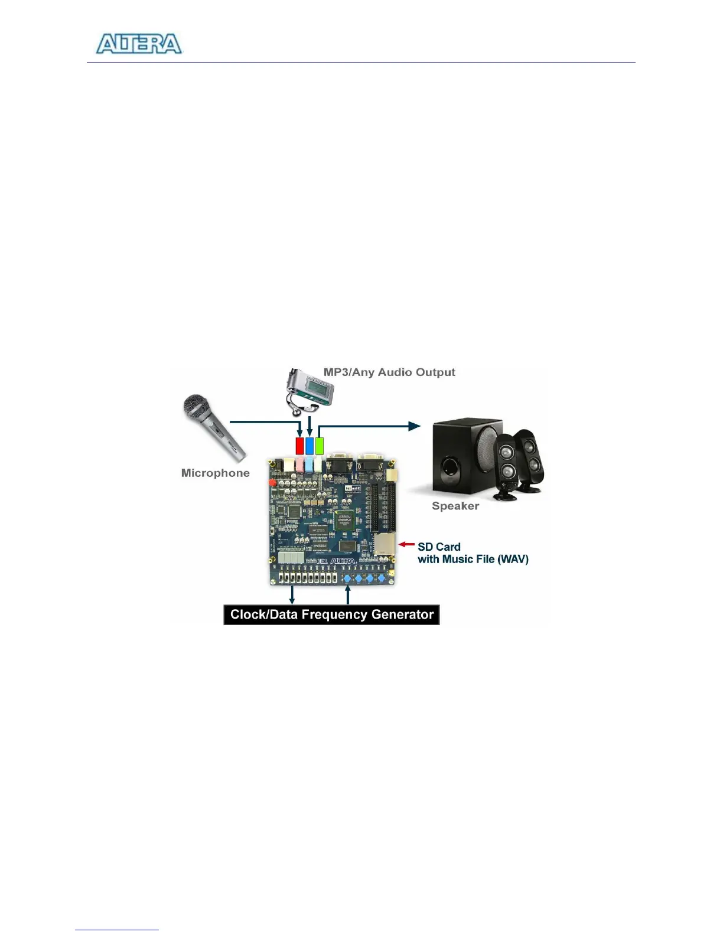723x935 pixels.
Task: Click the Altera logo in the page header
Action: pyautogui.click(x=139, y=44)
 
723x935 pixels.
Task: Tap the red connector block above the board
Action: pyautogui.click(x=299, y=446)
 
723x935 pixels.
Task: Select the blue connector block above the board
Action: pyautogui.click(x=310, y=446)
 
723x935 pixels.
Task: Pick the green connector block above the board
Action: pyautogui.click(x=320, y=446)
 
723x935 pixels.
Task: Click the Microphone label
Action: pyautogui.click(x=215, y=473)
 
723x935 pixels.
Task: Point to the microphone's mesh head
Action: pyautogui.click(x=196, y=407)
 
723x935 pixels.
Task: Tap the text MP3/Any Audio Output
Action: pyautogui.click(x=389, y=372)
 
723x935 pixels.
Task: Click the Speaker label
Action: pyautogui.click(x=455, y=506)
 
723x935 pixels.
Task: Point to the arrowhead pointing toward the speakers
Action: pyautogui.click(x=415, y=426)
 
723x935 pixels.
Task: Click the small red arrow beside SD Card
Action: pyautogui.click(x=406, y=544)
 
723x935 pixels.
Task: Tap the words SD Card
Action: pyautogui.click(x=439, y=547)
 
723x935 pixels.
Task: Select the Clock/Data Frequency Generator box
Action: pyautogui.click(x=331, y=614)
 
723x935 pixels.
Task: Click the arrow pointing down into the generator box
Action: pyautogui.click(x=292, y=596)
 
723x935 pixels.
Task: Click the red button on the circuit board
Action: pyautogui.click(x=272, y=483)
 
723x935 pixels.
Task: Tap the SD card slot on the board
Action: pyautogui.click(x=385, y=544)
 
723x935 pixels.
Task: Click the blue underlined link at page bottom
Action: pyautogui.click(x=117, y=929)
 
